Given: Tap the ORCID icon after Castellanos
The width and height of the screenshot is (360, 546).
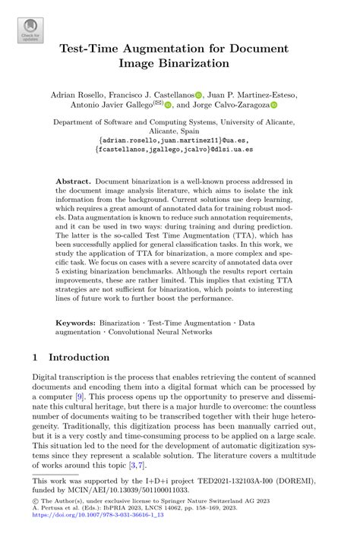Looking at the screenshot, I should point(198,95).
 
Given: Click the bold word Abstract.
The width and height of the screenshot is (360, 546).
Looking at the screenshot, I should point(73,182).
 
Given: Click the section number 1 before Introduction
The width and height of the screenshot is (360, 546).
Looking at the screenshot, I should point(36,357).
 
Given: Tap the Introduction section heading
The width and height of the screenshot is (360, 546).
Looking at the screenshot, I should point(79,357).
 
